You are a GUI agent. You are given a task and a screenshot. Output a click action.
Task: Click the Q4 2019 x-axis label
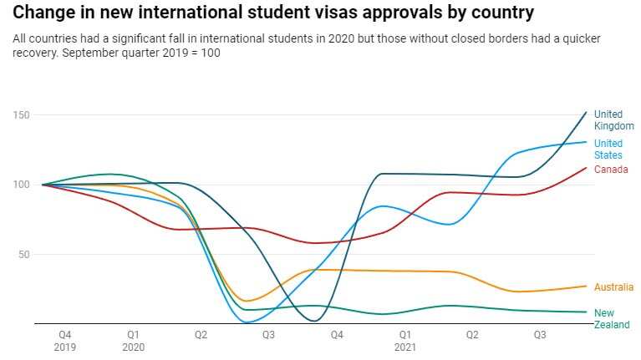[65, 340]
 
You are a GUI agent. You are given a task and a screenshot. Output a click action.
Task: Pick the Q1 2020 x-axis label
[133, 340]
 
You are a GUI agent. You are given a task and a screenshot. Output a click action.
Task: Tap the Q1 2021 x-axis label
[404, 340]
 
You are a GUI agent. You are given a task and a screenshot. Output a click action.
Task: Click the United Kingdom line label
[613, 120]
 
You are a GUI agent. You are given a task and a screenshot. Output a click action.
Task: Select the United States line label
[608, 149]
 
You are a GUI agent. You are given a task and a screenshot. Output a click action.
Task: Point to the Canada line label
[611, 170]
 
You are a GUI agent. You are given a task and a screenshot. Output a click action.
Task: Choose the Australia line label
[613, 287]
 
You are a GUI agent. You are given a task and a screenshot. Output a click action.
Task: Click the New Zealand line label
[612, 319]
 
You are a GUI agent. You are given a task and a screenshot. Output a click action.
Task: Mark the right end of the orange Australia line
[586, 286]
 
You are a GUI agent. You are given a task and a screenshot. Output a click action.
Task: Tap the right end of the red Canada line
[586, 168]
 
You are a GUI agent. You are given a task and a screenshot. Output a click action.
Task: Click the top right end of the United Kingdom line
[586, 112]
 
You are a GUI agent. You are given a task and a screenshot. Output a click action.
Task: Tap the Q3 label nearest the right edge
[540, 334]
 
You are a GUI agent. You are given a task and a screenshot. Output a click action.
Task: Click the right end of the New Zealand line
[586, 312]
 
